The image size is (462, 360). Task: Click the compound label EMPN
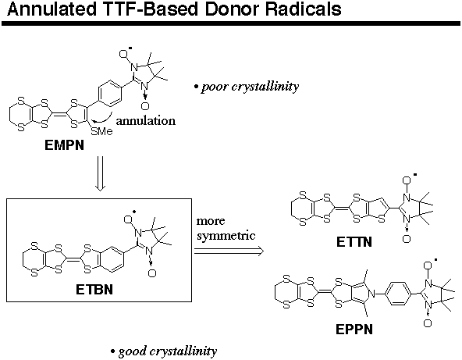tap(64, 145)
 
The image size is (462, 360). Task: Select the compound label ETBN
tap(94, 290)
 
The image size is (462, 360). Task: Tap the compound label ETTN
tap(354, 242)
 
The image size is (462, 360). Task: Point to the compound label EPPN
tap(354, 330)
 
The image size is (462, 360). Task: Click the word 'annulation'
tap(146, 120)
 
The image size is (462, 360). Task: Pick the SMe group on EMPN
tap(102, 131)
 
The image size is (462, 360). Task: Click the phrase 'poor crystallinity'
tap(250, 87)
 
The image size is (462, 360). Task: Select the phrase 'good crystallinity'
tap(167, 351)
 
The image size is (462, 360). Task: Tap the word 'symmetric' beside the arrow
tap(226, 236)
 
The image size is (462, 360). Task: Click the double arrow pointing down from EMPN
tap(100, 173)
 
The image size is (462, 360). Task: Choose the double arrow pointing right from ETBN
tap(229, 251)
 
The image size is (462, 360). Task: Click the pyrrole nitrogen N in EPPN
tap(372, 294)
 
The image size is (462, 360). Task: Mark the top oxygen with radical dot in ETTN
tap(407, 180)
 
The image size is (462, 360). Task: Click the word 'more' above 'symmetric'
tap(211, 221)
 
